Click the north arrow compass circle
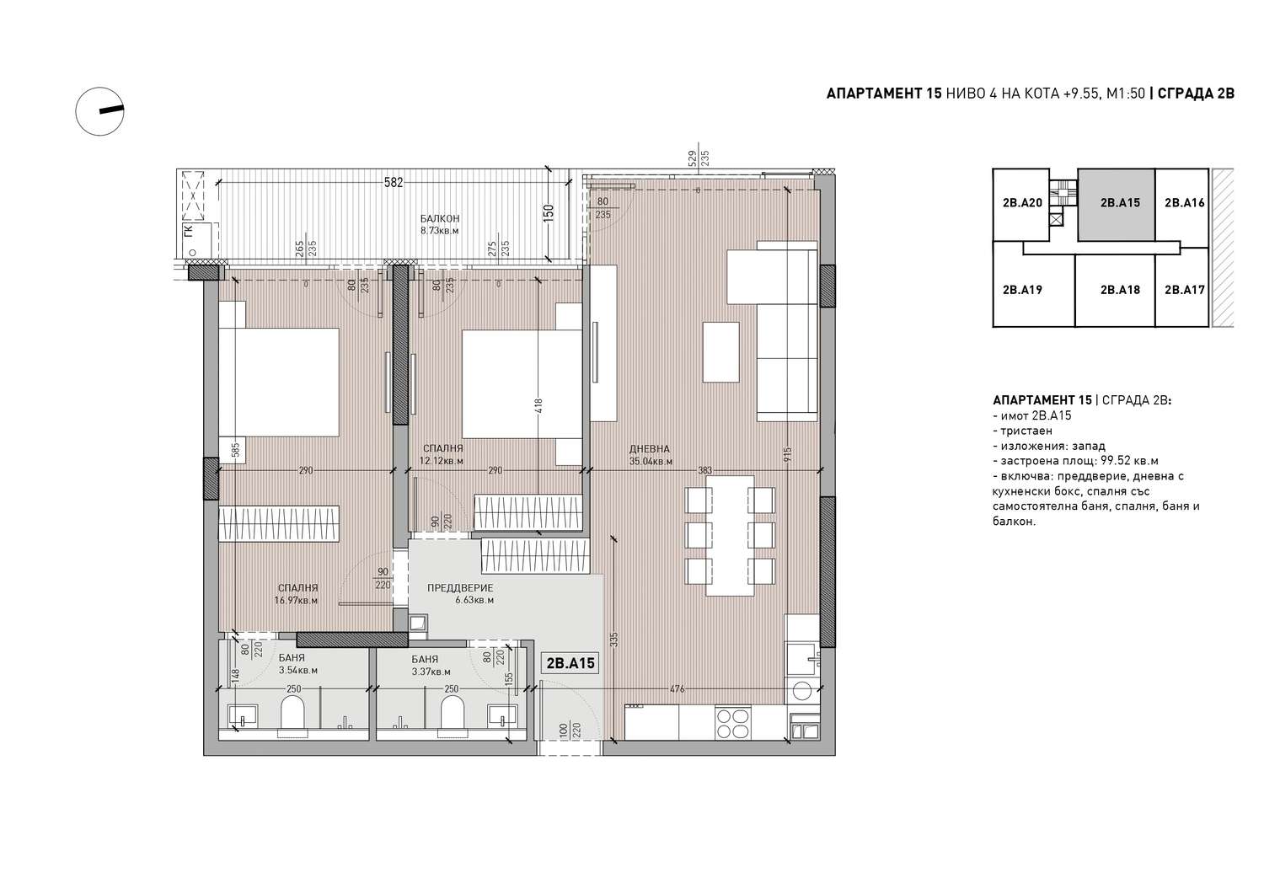coord(99,111)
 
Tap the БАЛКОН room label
coord(440,218)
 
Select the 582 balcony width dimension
coord(394,182)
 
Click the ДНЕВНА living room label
coord(650,449)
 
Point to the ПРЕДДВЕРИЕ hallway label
coord(460,588)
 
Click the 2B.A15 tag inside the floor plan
coord(570,663)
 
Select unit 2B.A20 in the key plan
coord(1022,203)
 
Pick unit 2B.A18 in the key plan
coord(1120,290)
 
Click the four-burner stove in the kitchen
coord(731,724)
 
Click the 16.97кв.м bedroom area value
coord(296,601)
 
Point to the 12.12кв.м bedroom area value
coord(442,461)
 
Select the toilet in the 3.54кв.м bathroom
coord(292,712)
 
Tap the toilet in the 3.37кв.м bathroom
coord(452,712)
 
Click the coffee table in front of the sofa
coord(720,352)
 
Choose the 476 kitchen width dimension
coord(678,689)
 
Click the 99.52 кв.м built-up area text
coord(1135,461)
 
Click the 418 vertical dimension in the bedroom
coord(538,406)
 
